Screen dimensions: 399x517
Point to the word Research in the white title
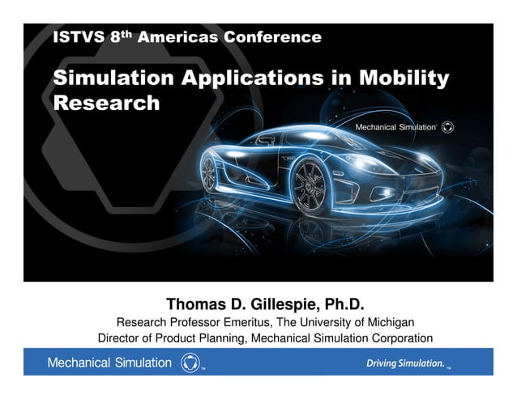click(x=106, y=104)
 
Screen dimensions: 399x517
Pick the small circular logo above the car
click(x=450, y=127)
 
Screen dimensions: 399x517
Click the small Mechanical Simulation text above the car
click(x=397, y=127)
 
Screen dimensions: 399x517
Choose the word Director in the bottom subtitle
click(x=122, y=338)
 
